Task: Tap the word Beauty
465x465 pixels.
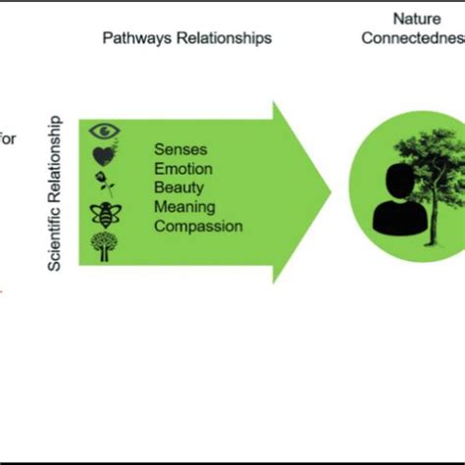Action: [178, 187]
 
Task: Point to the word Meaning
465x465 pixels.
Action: [181, 206]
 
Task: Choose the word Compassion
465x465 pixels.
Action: [198, 226]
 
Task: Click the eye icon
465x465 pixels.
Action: [105, 130]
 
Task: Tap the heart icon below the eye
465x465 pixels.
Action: [105, 155]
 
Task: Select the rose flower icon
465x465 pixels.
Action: [105, 182]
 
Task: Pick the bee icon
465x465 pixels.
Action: [105, 213]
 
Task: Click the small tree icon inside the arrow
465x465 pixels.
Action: [105, 245]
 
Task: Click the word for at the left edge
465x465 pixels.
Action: [9, 138]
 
